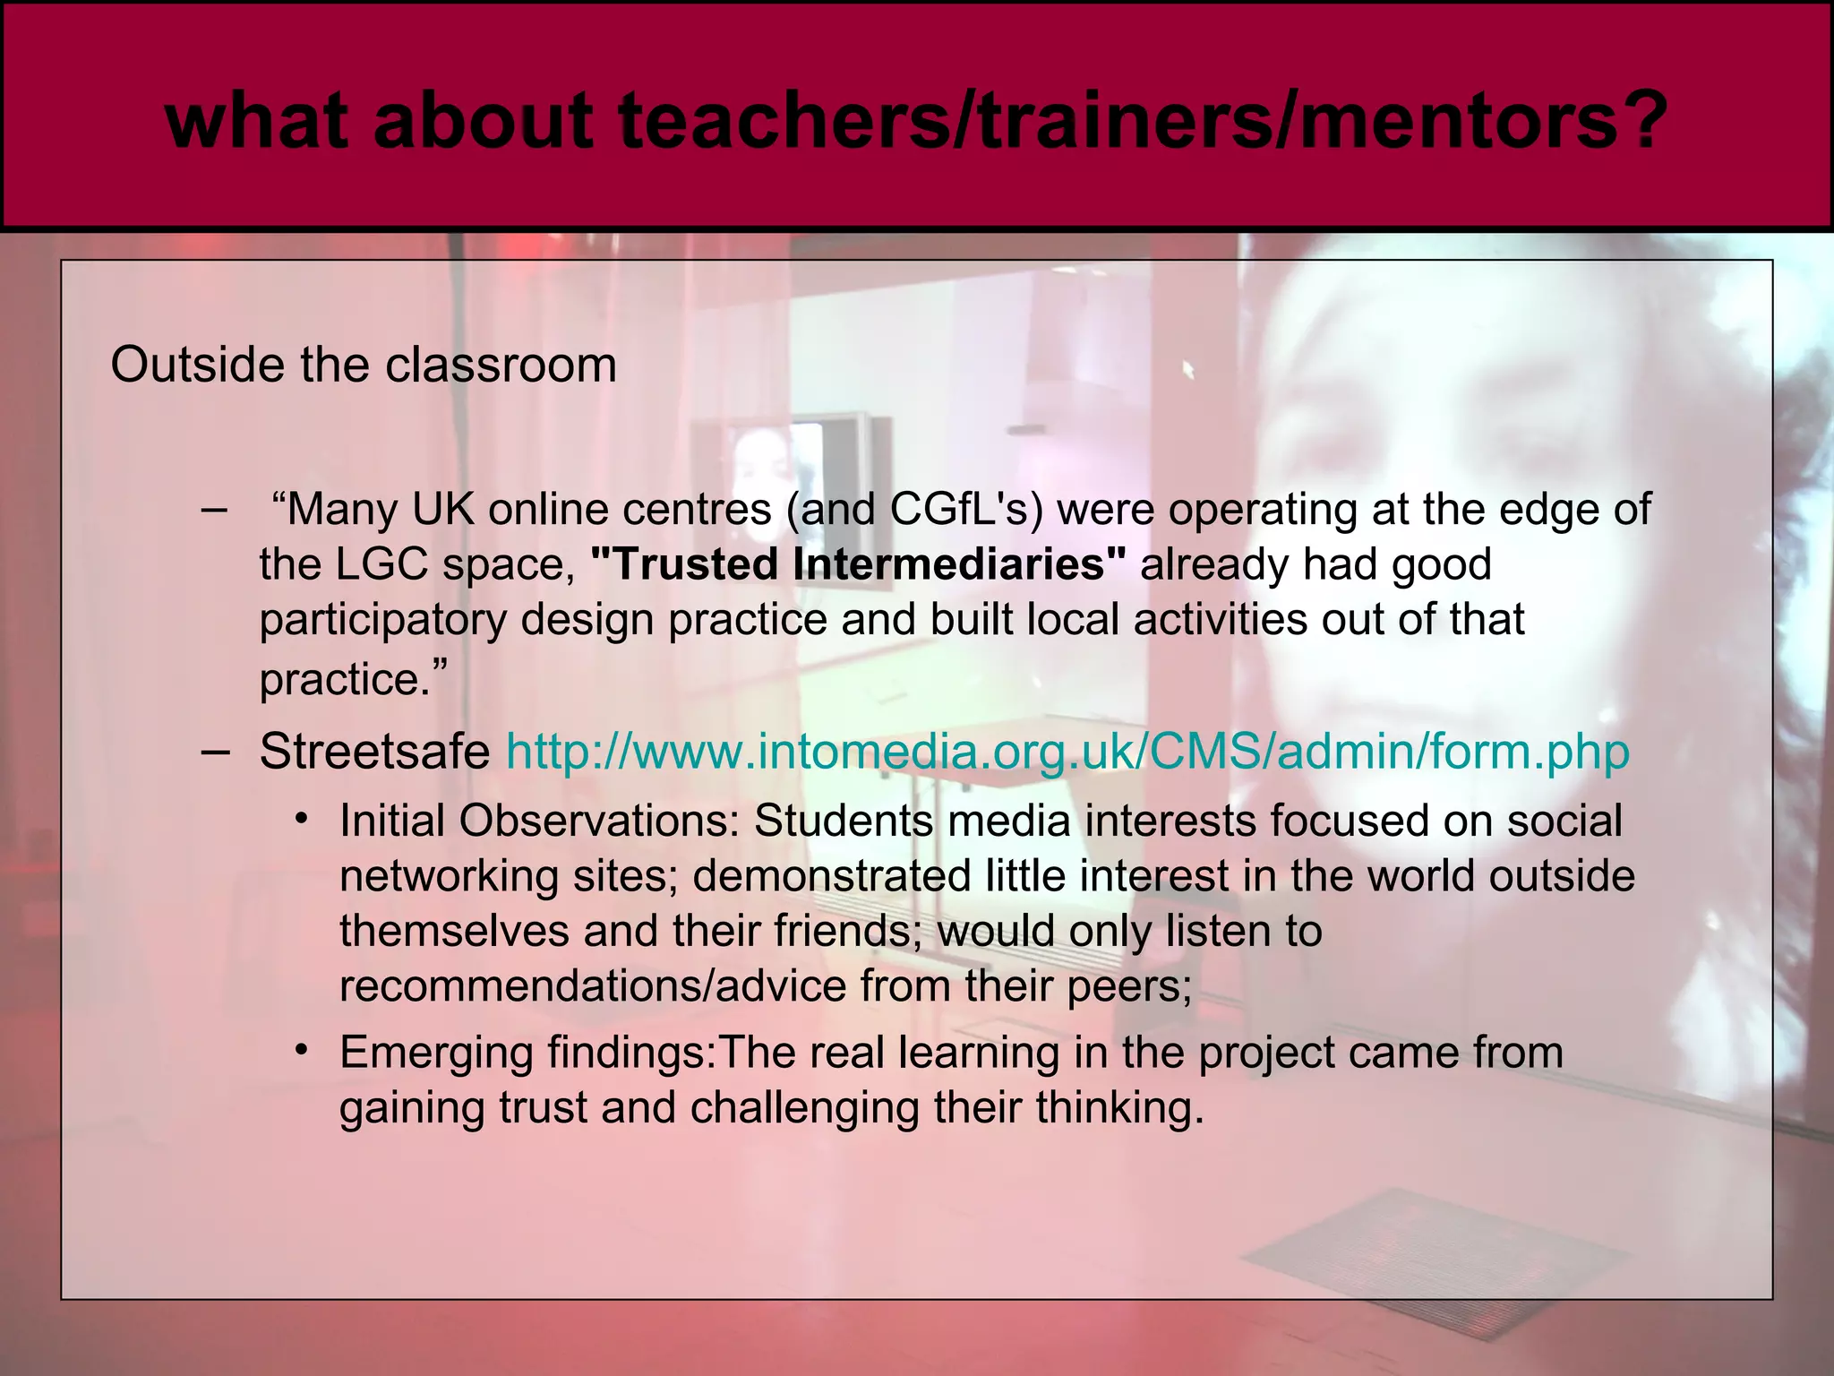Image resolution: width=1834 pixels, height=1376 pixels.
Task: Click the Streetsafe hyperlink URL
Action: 1067,752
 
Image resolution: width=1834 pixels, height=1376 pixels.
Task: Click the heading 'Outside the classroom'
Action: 364,365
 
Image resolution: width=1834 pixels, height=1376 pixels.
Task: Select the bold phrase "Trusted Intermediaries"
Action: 859,565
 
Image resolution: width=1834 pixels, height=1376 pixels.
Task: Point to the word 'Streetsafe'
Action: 374,752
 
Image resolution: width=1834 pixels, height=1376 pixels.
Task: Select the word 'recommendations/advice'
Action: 593,986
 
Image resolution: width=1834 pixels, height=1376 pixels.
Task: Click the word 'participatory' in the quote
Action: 382,621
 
